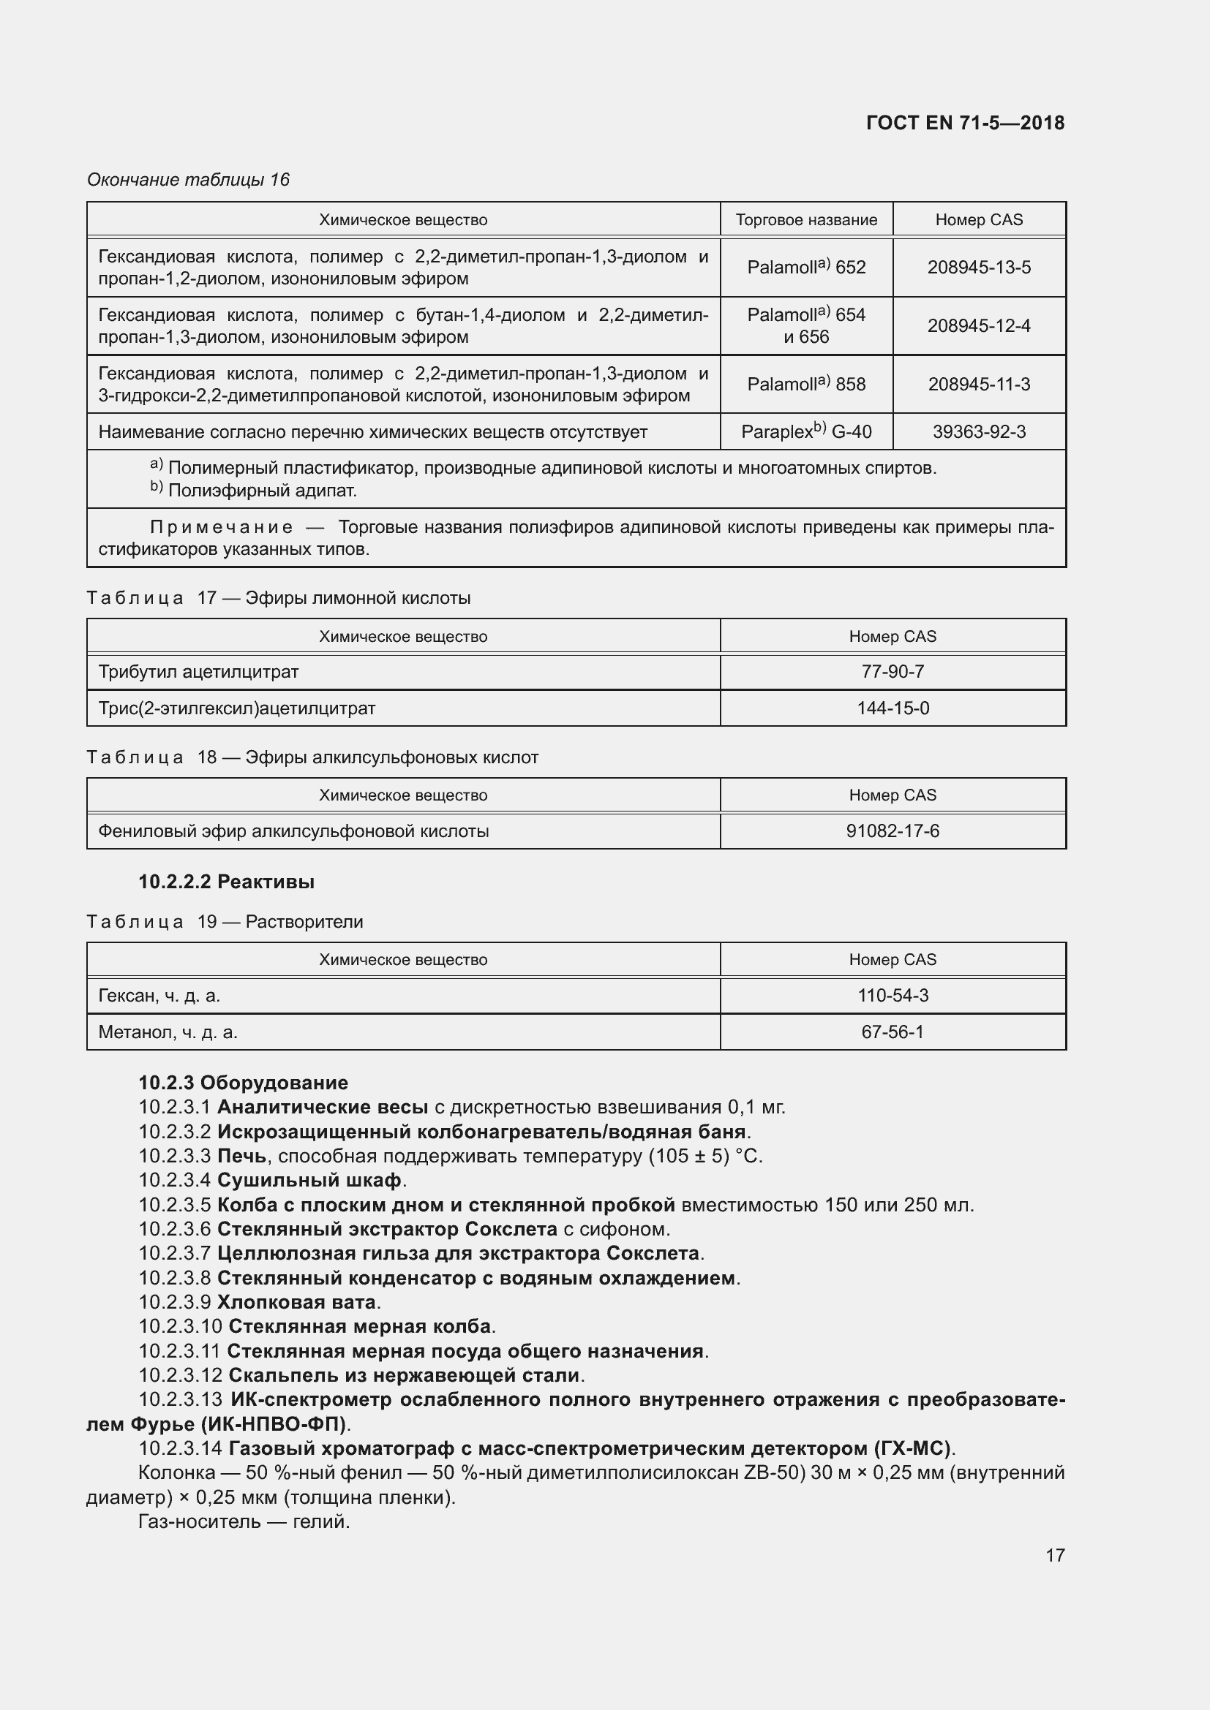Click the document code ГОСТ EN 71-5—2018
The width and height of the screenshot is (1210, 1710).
965,123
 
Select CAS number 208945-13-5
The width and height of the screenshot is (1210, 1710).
978,268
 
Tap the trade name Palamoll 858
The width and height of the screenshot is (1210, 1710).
806,385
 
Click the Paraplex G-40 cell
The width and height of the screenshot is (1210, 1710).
806,432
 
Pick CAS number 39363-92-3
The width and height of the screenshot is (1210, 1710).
978,432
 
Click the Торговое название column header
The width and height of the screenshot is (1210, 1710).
806,220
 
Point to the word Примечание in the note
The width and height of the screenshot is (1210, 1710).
221,527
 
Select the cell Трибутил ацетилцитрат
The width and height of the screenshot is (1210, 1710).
198,672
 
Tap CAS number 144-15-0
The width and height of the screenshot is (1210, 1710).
893,708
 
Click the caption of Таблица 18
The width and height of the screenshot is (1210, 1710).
312,757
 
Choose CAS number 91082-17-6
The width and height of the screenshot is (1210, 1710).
893,831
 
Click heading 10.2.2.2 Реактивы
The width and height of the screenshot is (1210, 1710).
227,882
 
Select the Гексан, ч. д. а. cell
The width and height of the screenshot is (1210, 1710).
159,996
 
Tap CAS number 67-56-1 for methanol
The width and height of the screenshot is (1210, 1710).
893,1032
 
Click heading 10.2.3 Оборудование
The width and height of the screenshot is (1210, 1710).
243,1082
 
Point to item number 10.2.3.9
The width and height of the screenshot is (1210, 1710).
175,1302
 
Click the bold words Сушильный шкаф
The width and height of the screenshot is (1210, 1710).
309,1180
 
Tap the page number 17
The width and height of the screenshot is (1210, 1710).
1055,1555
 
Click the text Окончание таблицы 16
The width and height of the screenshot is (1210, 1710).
189,180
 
